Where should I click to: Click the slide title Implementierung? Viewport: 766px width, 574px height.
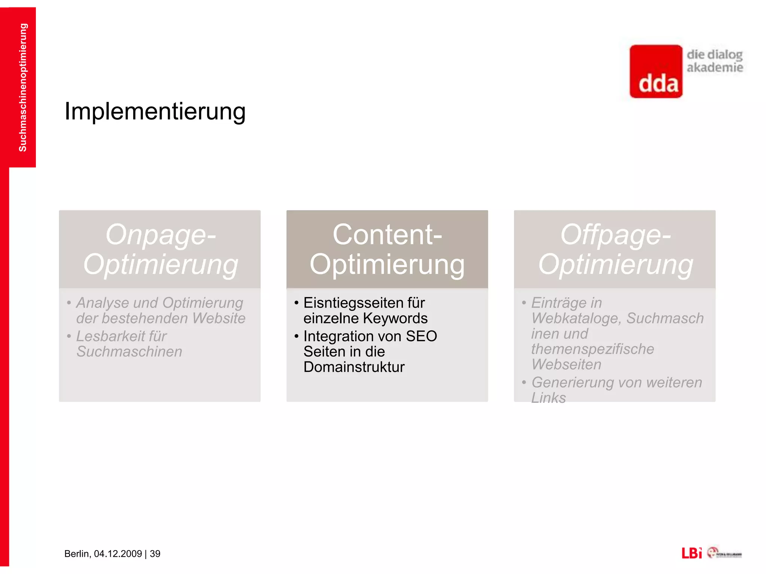click(155, 111)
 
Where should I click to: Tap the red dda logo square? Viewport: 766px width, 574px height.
click(656, 72)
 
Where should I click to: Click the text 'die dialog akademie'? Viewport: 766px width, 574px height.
click(714, 61)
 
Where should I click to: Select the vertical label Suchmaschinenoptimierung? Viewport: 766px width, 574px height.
click(23, 87)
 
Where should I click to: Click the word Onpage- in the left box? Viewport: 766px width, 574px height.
click(161, 235)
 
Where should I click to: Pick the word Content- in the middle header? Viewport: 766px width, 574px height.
click(387, 235)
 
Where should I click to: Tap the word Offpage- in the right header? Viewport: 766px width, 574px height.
click(615, 235)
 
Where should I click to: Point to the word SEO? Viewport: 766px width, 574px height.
click(422, 336)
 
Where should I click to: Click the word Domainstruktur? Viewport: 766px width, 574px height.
click(354, 367)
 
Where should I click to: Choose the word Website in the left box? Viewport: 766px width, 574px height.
click(219, 318)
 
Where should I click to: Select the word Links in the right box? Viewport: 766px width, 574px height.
click(548, 398)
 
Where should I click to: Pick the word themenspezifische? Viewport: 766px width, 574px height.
click(592, 349)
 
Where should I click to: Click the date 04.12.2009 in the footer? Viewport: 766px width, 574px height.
click(118, 554)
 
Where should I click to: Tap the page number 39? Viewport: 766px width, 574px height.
click(155, 554)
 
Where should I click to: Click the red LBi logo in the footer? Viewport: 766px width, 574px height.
click(691, 553)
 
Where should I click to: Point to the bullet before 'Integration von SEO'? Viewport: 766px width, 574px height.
click(296, 336)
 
